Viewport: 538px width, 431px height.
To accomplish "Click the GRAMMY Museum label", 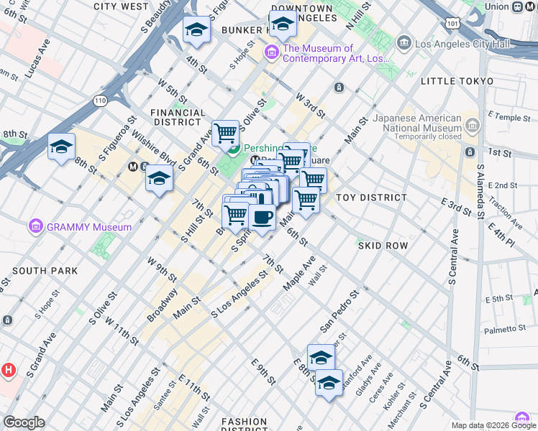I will click(89, 227).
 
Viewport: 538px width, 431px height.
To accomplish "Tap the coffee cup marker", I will click(262, 218).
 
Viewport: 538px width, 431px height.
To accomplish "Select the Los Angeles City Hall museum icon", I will click(404, 43).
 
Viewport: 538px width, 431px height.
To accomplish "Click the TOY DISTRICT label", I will click(371, 197).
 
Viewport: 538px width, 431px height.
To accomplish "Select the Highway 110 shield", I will click(96, 102).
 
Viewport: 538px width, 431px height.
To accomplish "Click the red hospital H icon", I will click(9, 371).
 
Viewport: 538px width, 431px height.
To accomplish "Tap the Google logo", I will click(24, 422).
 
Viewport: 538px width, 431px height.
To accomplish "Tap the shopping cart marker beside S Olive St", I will click(226, 133).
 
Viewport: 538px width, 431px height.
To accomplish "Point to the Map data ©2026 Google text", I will click(493, 425).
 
